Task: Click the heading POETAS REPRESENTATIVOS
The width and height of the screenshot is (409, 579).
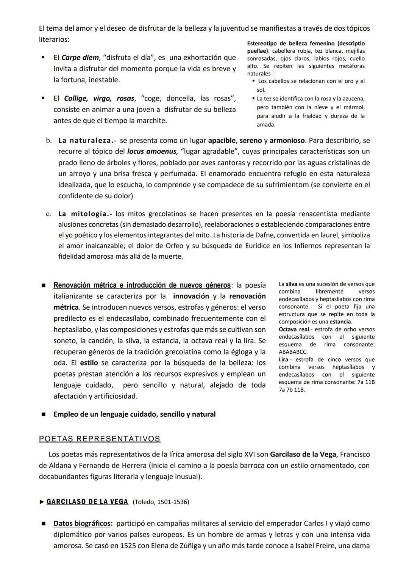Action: pyautogui.click(x=100, y=439)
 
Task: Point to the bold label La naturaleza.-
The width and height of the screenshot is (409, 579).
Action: pyautogui.click(x=87, y=141)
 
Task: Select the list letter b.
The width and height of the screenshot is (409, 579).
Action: pyautogui.click(x=48, y=141)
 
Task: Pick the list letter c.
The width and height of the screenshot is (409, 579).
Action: pyautogui.click(x=48, y=214)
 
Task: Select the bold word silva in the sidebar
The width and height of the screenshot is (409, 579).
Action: pyautogui.click(x=291, y=284)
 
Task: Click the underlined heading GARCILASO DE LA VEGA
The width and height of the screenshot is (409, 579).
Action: pyautogui.click(x=87, y=502)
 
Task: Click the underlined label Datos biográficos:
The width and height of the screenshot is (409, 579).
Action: pyautogui.click(x=83, y=524)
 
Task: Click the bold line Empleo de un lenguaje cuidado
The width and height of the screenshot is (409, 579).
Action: pyautogui.click(x=134, y=414)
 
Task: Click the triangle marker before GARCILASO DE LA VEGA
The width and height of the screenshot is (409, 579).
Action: pyautogui.click(x=42, y=502)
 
